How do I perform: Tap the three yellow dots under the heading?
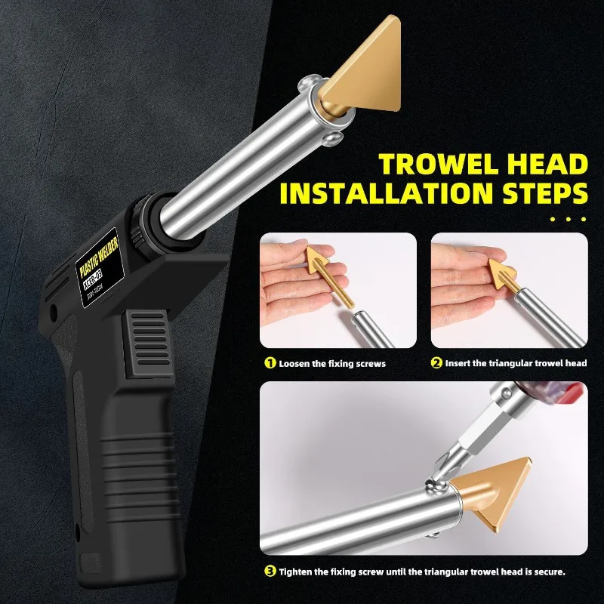click(x=569, y=220)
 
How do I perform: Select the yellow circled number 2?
click(x=436, y=363)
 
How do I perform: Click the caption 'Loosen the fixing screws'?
click(x=331, y=363)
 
